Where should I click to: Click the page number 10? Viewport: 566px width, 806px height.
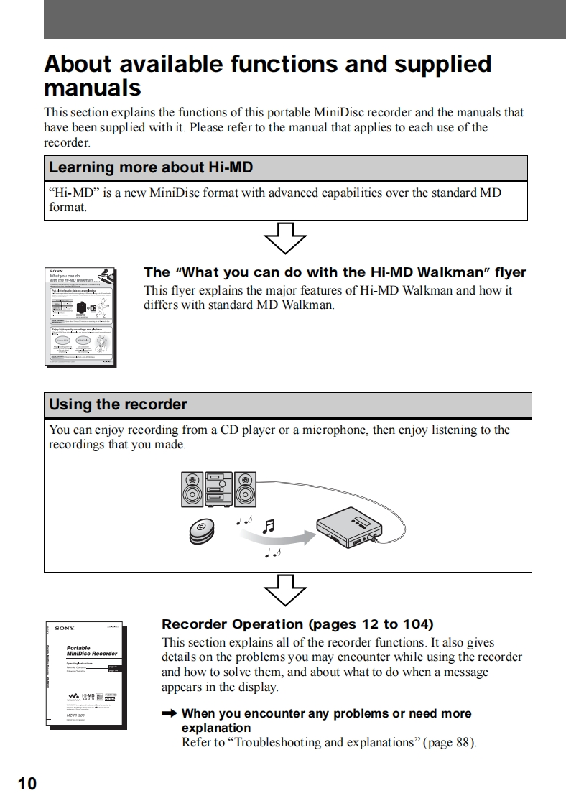click(27, 783)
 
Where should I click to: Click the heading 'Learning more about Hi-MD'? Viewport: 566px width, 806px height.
click(151, 168)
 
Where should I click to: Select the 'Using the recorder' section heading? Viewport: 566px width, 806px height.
click(118, 404)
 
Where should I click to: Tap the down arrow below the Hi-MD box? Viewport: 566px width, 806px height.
click(285, 237)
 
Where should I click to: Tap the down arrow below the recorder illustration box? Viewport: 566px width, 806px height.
click(285, 590)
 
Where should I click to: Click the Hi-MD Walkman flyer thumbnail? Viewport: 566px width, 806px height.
click(80, 316)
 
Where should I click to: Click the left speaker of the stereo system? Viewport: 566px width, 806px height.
click(192, 490)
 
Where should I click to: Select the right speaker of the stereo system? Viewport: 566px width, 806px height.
click(245, 490)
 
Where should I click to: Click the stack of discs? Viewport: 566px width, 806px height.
click(202, 532)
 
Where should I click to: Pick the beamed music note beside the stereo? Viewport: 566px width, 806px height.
click(269, 527)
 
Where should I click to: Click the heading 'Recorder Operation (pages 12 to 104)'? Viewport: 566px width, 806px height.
click(297, 624)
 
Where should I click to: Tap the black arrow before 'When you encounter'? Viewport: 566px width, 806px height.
click(169, 713)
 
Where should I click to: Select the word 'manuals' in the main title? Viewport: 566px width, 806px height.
click(93, 88)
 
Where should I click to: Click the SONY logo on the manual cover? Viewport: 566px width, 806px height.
click(65, 629)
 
